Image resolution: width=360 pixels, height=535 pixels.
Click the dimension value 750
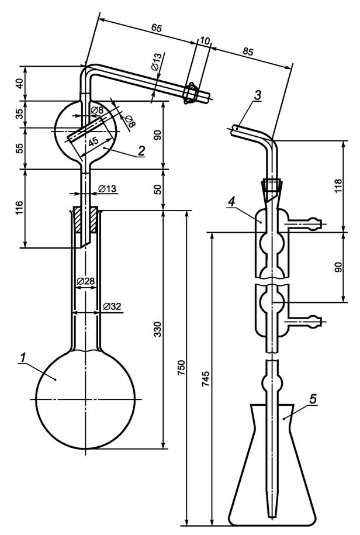tap(182, 368)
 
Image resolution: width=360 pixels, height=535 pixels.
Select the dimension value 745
tap(206, 378)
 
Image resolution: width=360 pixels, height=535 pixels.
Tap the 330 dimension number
tap(157, 329)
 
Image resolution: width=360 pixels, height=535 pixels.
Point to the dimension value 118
tap(338, 185)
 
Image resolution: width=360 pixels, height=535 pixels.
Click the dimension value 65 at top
tap(156, 28)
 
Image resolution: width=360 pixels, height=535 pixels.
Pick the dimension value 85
tap(248, 51)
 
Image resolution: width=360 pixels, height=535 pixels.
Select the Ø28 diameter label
tap(86, 281)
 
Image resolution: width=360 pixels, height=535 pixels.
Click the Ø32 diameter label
tap(112, 306)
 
